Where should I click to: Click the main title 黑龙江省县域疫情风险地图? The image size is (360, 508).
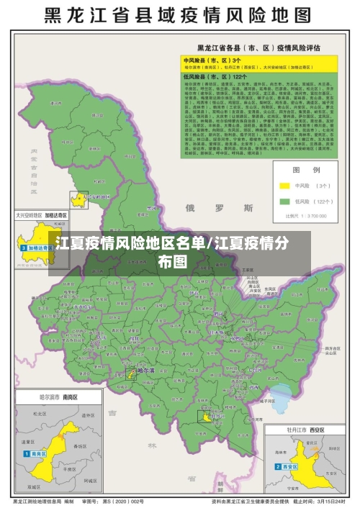click(180, 15)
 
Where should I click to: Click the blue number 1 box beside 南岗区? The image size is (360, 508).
click(25, 454)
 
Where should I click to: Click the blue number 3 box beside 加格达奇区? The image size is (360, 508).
click(23, 247)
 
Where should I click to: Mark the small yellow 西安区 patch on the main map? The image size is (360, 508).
click(207, 417)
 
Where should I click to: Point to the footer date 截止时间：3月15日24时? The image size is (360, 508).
click(318, 501)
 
